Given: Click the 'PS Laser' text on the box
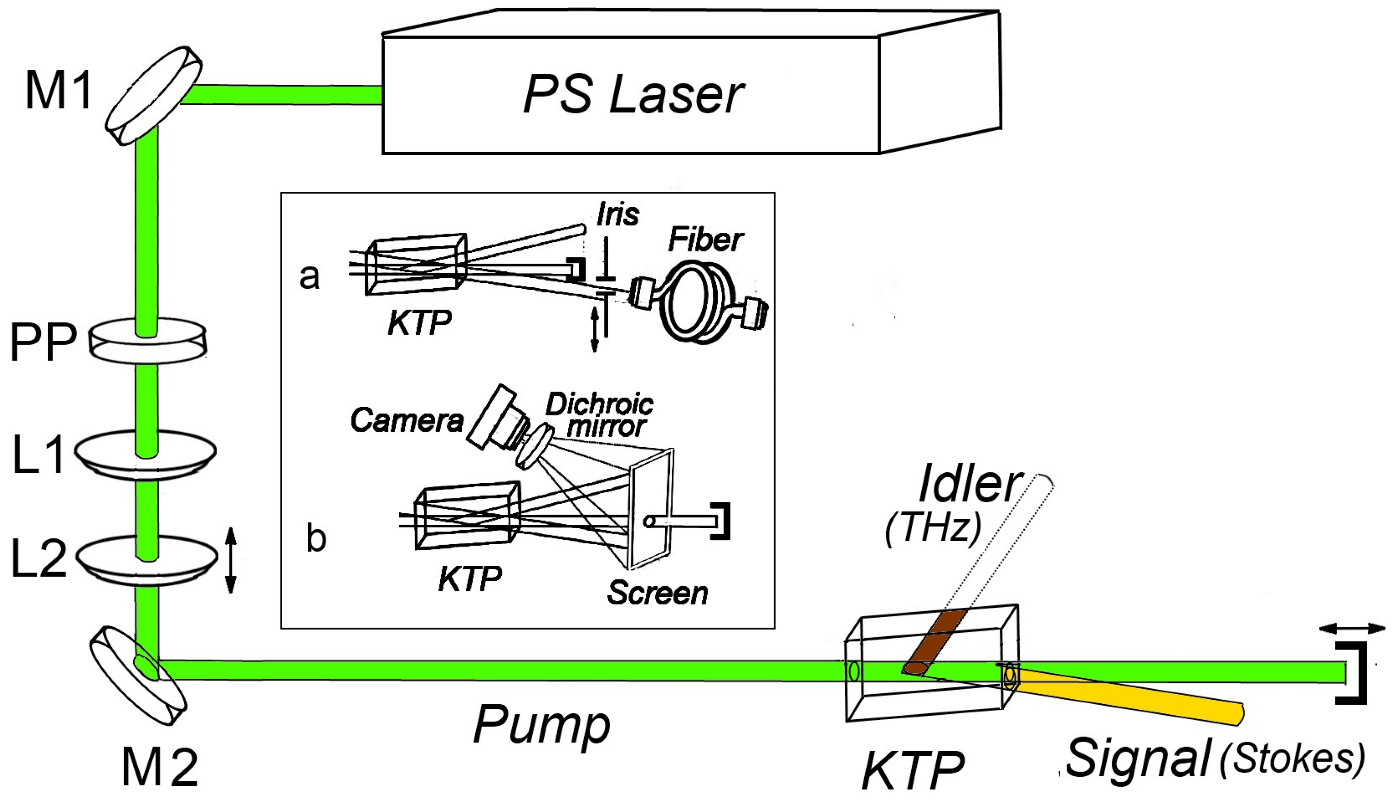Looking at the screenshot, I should [x=633, y=95].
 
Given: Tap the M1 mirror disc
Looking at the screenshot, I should [x=154, y=96].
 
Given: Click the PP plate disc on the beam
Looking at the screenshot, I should [x=148, y=340].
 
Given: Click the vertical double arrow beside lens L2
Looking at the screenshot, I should [x=231, y=560].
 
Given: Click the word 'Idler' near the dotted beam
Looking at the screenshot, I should [x=968, y=485].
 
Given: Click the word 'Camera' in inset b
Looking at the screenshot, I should [x=406, y=420].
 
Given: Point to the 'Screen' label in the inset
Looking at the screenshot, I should [x=657, y=593].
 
